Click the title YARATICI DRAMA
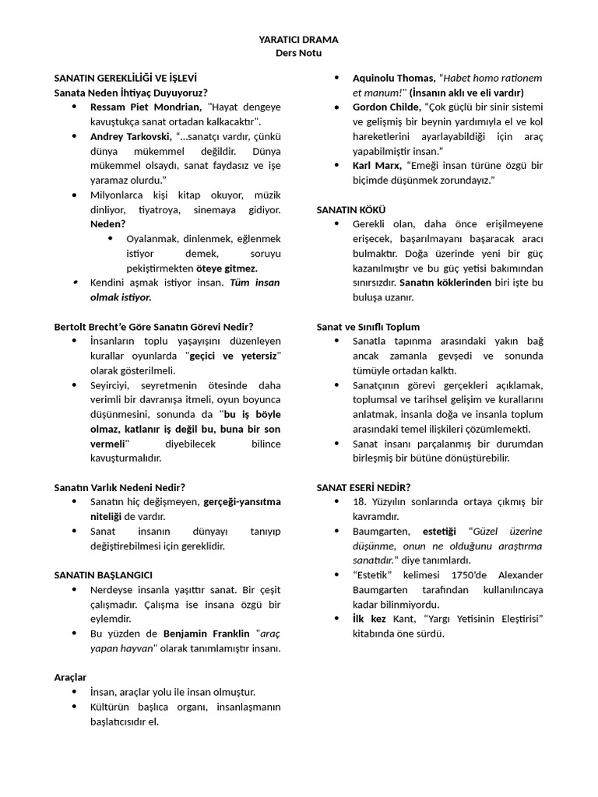(x=298, y=39)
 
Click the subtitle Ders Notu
(x=298, y=53)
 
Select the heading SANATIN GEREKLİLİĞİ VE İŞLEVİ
(x=125, y=79)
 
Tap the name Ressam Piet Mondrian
(x=146, y=107)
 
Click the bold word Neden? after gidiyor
(x=107, y=224)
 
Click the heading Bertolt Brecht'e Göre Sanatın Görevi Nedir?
(x=153, y=327)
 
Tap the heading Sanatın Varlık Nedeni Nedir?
(x=119, y=487)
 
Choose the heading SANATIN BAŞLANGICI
(x=103, y=574)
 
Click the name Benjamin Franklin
(x=206, y=634)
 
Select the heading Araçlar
(x=70, y=677)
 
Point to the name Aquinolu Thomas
(x=393, y=78)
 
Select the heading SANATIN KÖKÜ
(x=351, y=209)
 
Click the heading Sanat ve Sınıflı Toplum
(x=368, y=327)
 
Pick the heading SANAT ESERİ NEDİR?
(x=364, y=487)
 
